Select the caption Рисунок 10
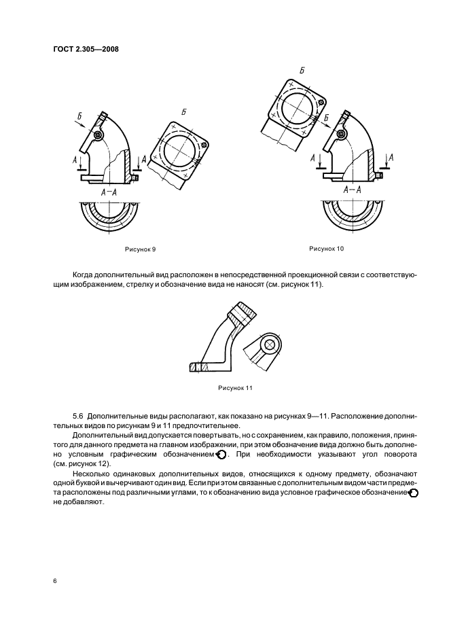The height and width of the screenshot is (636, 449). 327,249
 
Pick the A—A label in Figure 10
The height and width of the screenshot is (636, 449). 352,190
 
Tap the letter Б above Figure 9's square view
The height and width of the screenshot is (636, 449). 184,111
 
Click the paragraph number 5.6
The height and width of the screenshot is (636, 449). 78,414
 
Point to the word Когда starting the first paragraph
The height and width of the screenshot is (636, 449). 86,274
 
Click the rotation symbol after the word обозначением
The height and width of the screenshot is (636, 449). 221,453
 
